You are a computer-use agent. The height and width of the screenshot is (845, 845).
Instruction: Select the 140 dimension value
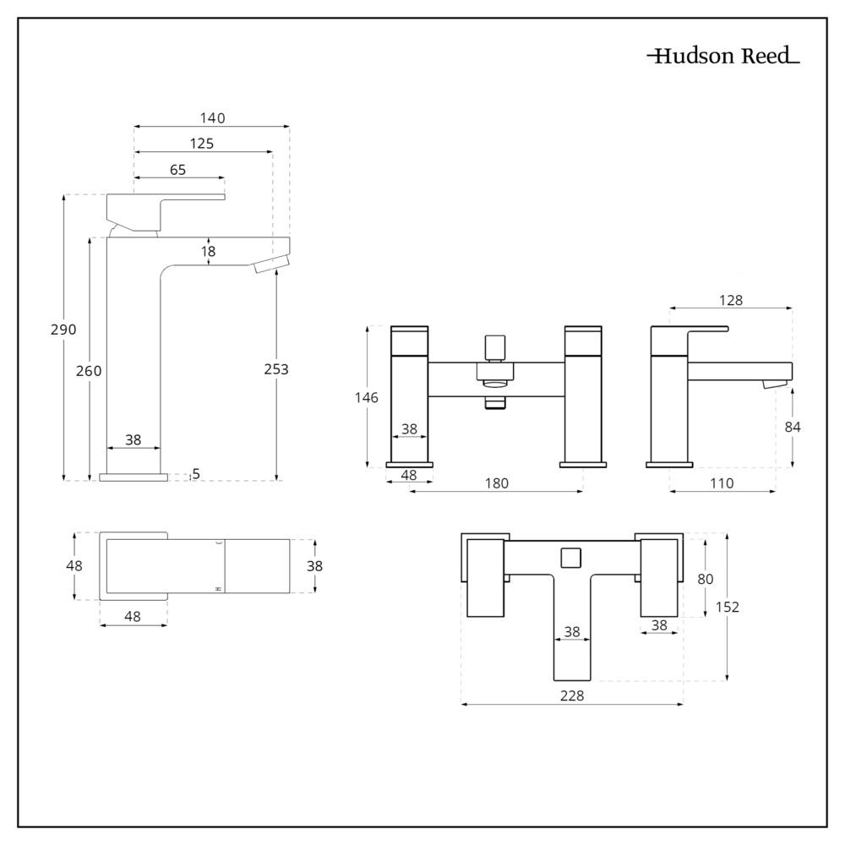(x=213, y=118)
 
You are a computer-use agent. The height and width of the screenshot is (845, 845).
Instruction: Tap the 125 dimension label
(x=201, y=144)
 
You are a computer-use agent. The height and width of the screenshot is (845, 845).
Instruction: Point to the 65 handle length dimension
(x=177, y=170)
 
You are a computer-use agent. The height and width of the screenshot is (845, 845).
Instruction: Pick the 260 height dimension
(x=90, y=371)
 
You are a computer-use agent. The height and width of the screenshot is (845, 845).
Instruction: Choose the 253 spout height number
(x=276, y=369)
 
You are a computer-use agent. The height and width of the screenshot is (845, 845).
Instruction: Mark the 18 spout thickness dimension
(x=209, y=251)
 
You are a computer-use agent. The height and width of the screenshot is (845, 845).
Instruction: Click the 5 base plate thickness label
(x=196, y=474)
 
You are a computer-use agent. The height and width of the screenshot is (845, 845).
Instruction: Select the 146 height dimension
(x=367, y=397)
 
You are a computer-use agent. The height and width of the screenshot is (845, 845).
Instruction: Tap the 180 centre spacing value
(x=497, y=483)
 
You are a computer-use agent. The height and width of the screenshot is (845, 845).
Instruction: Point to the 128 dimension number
(x=731, y=301)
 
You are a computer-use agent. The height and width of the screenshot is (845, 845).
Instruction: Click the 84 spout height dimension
(x=793, y=427)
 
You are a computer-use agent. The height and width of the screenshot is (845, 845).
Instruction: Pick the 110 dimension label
(x=722, y=483)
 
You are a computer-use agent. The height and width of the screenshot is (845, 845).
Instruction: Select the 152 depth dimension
(x=728, y=607)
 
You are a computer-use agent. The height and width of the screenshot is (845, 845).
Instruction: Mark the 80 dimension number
(x=706, y=580)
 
